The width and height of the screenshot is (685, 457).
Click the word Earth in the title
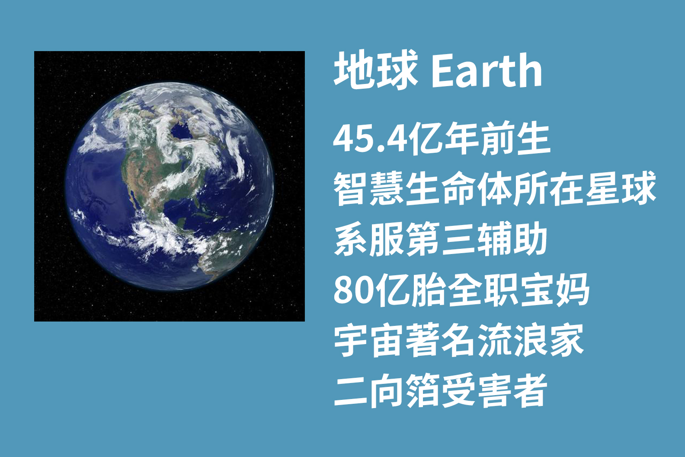[487, 71]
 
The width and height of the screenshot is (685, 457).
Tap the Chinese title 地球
[376, 70]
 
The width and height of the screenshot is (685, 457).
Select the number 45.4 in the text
[371, 140]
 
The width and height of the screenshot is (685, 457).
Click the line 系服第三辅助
[441, 239]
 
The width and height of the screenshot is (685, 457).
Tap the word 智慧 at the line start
[369, 189]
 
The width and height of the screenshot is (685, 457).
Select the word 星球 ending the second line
[621, 189]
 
